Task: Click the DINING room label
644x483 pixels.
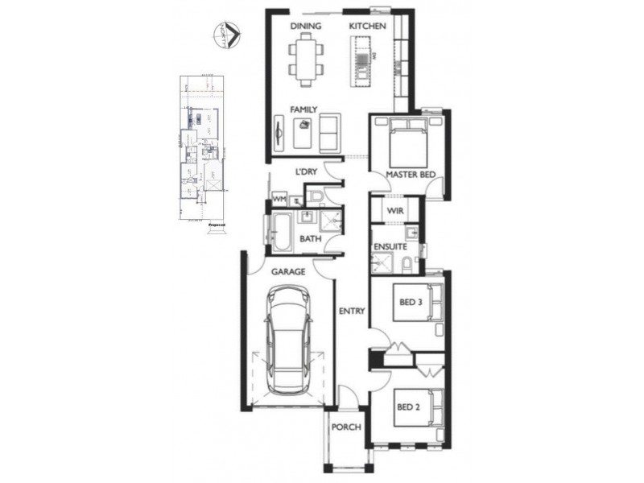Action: (x=307, y=26)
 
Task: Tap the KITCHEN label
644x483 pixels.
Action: (x=368, y=26)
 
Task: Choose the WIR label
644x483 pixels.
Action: (x=394, y=212)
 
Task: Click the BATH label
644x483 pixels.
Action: (x=311, y=239)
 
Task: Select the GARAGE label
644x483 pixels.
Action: (x=287, y=271)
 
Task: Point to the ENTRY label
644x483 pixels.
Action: (x=353, y=311)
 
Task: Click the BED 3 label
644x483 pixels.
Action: (x=411, y=303)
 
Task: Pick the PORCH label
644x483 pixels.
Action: (x=346, y=427)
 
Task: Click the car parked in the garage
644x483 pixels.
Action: (x=290, y=342)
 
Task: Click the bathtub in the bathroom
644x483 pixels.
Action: (x=281, y=230)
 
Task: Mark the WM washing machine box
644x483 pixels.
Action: (x=280, y=197)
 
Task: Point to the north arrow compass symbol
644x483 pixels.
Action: (x=227, y=34)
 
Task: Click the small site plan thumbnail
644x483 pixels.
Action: (x=204, y=149)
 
